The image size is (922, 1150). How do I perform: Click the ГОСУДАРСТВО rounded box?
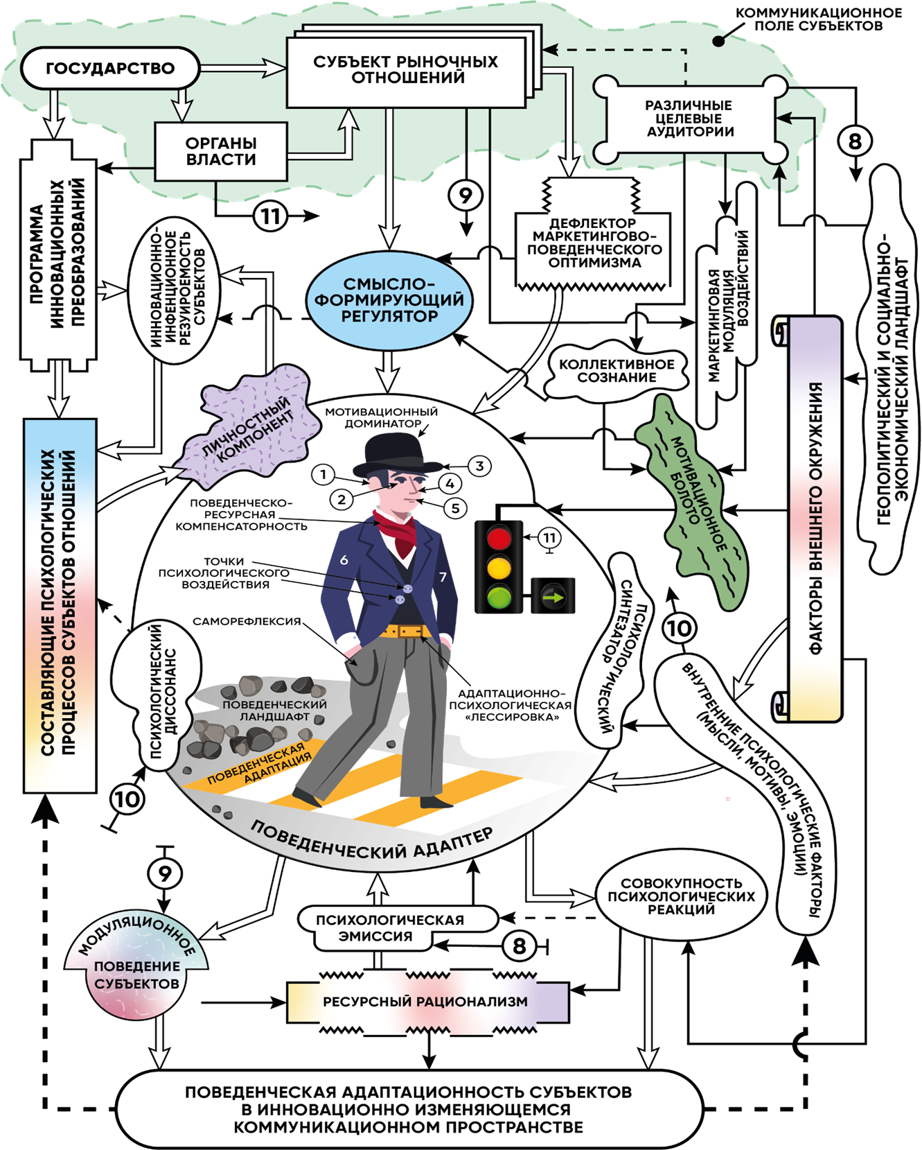tap(110, 68)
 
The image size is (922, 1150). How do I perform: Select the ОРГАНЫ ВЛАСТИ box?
tap(221, 151)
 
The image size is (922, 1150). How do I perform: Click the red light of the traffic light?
tap(499, 537)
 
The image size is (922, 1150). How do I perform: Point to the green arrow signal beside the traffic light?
tap(553, 596)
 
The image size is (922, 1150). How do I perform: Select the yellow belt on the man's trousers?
tap(405, 631)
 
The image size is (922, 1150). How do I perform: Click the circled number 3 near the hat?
tap(479, 466)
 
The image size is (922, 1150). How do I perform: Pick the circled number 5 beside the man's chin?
tap(455, 508)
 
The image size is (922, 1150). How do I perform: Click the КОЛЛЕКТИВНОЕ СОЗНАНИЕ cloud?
tap(617, 370)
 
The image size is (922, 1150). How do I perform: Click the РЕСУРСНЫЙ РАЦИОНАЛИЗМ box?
tap(427, 1002)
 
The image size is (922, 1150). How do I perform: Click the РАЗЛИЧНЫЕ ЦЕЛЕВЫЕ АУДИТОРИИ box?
tap(690, 119)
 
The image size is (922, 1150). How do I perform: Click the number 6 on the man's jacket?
tap(344, 559)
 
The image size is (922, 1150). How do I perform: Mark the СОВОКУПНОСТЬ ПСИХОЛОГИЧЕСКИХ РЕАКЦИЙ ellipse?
tap(682, 896)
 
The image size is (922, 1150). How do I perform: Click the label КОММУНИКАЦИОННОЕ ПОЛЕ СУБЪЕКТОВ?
tap(818, 19)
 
